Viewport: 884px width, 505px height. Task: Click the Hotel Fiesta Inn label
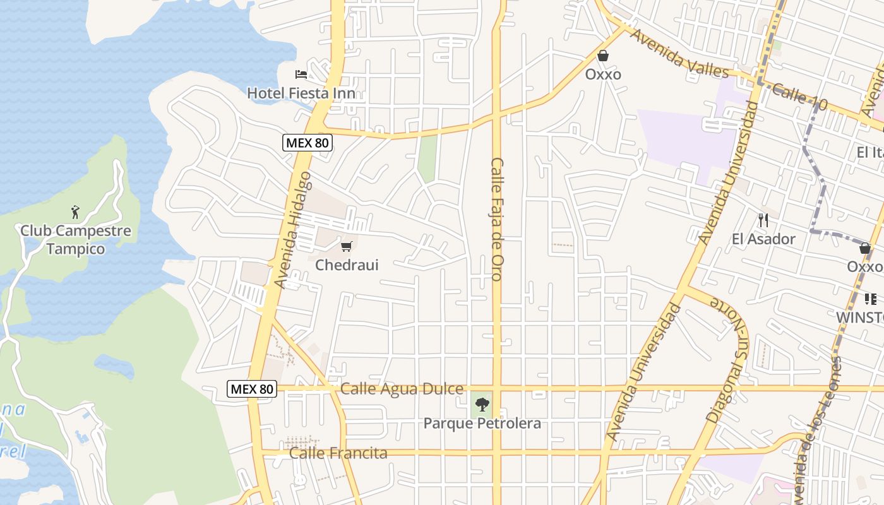pos(301,93)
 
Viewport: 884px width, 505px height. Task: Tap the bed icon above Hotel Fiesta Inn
pos(301,74)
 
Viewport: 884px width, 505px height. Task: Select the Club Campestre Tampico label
pos(76,239)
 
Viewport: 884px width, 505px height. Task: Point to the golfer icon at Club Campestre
pos(76,212)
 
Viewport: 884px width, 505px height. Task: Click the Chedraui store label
pos(347,265)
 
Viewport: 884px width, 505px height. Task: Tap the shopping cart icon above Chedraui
pos(346,246)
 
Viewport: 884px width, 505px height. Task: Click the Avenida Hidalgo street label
pos(293,230)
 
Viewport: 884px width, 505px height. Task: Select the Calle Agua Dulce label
pos(402,389)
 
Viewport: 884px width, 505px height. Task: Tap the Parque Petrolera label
pos(482,423)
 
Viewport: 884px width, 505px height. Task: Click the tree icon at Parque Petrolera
pos(482,403)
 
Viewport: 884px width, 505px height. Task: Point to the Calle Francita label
pos(338,453)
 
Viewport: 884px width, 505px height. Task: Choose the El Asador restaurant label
pos(763,239)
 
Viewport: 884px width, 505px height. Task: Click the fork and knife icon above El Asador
pos(763,220)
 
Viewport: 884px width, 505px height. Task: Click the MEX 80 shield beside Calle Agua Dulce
pos(252,389)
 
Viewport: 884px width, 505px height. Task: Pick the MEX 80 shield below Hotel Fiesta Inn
pos(308,143)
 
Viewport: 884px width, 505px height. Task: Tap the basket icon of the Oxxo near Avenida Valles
pos(603,56)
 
